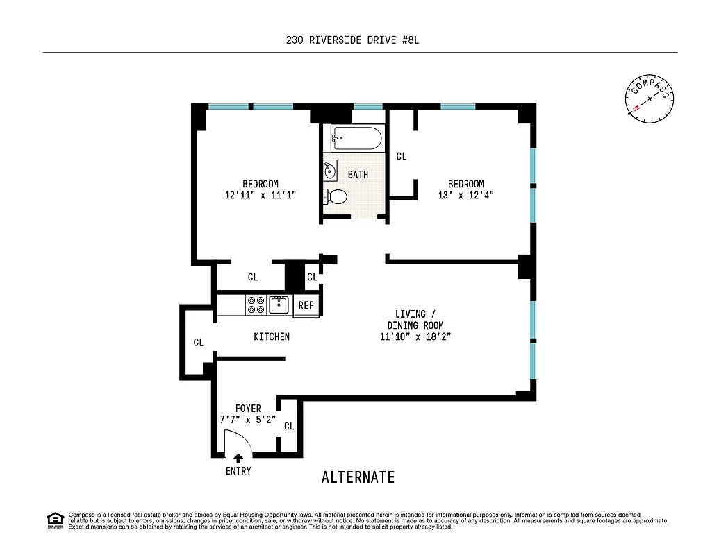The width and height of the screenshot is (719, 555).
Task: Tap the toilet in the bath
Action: [336, 196]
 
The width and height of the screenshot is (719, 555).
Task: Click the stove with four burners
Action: [256, 305]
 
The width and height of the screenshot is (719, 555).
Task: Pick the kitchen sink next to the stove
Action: [279, 305]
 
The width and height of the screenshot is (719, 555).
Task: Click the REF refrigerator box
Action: [306, 305]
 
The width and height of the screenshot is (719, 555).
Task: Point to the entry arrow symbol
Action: [238, 458]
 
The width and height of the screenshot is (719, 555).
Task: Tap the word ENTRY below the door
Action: [238, 471]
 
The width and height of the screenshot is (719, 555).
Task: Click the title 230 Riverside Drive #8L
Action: [353, 40]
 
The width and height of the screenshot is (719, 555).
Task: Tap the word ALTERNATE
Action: [358, 477]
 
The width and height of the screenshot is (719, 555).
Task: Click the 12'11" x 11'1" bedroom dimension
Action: [261, 196]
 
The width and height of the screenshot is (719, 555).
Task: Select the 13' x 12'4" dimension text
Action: [465, 196]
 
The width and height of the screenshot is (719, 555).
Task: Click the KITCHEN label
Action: [271, 336]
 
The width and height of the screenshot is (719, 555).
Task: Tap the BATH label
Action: [358, 175]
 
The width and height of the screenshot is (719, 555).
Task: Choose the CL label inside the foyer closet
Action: [289, 426]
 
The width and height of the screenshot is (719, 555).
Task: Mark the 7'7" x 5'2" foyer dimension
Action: [248, 420]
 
